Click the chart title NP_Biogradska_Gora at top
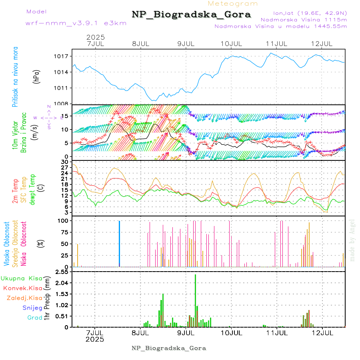[191, 15]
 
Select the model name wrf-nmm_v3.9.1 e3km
[76, 23]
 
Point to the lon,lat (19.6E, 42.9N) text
[310, 13]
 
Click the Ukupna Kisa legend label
[22, 278]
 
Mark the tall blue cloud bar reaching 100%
[119, 243]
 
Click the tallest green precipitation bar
[195, 300]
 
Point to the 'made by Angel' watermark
[352, 240]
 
